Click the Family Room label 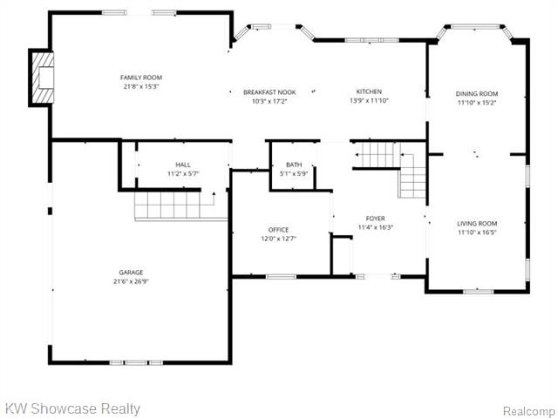click(141, 78)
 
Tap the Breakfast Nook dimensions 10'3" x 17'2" click(269, 101)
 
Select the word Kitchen click(369, 91)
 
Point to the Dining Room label click(477, 94)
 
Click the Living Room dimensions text click(477, 233)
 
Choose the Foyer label click(375, 219)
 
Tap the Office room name click(279, 230)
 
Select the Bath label click(294, 165)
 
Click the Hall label click(183, 165)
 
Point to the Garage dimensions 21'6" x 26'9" click(131, 281)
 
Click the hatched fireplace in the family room click(43, 78)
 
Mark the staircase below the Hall click(180, 206)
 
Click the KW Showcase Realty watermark click(73, 408)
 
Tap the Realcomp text click(528, 411)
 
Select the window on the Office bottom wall click(281, 276)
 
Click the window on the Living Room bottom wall click(478, 292)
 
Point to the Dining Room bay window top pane click(475, 26)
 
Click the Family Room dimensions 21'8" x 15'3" click(141, 86)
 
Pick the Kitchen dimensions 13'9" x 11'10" click(369, 101)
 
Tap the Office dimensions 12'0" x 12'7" click(279, 239)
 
